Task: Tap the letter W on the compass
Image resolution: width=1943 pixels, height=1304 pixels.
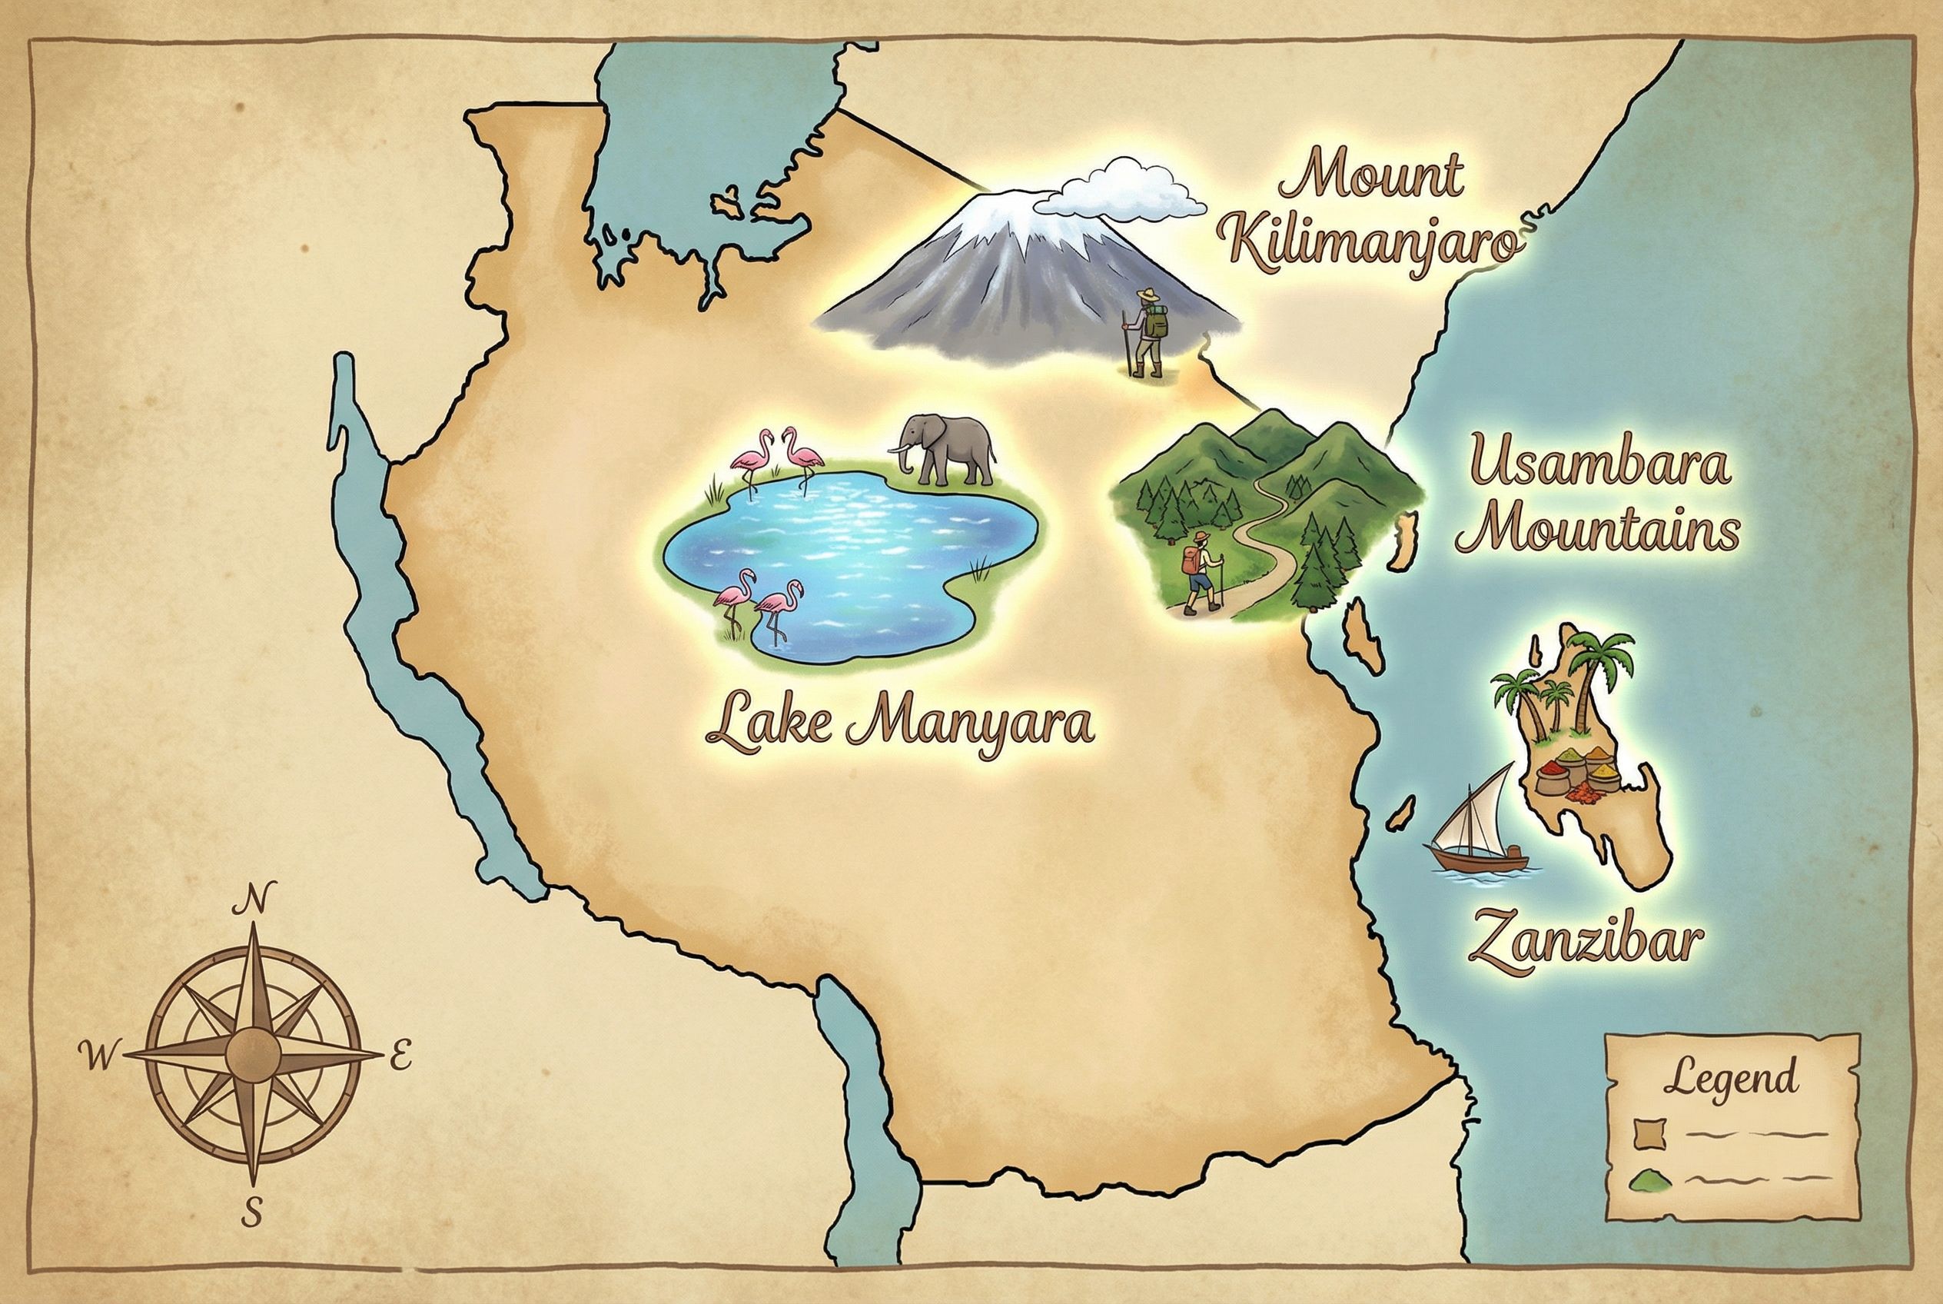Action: click(98, 1057)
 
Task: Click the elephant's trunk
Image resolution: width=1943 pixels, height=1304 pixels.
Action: click(902, 458)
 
